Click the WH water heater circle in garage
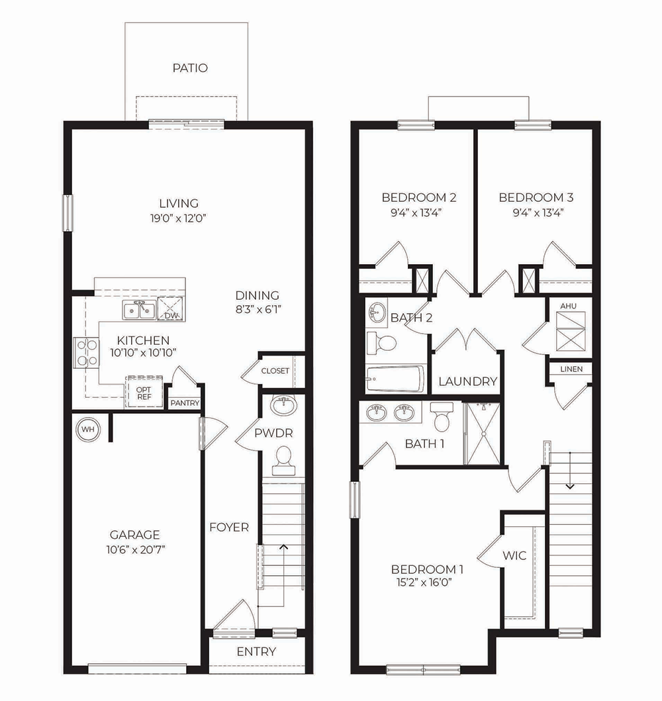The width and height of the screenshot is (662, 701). pyautogui.click(x=88, y=430)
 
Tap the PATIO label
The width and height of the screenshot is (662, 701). pyautogui.click(x=190, y=68)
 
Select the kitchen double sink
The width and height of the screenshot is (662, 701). pyautogui.click(x=139, y=310)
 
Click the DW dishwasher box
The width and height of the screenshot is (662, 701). pyautogui.click(x=170, y=308)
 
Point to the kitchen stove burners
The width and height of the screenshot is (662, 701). pyautogui.click(x=86, y=352)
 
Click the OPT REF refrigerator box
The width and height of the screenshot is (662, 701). pyautogui.click(x=144, y=393)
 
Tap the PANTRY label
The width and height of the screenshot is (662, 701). pyautogui.click(x=185, y=403)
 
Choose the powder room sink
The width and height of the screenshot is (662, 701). pyautogui.click(x=283, y=406)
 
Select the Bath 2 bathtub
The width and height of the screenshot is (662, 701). pyautogui.click(x=395, y=379)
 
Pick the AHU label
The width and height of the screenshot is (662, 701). pyautogui.click(x=568, y=306)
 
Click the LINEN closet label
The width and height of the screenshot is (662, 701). pyautogui.click(x=571, y=369)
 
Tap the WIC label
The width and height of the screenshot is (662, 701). pyautogui.click(x=514, y=555)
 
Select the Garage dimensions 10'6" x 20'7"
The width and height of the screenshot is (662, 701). pyautogui.click(x=136, y=549)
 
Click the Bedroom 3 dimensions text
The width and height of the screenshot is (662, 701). pyautogui.click(x=536, y=212)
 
